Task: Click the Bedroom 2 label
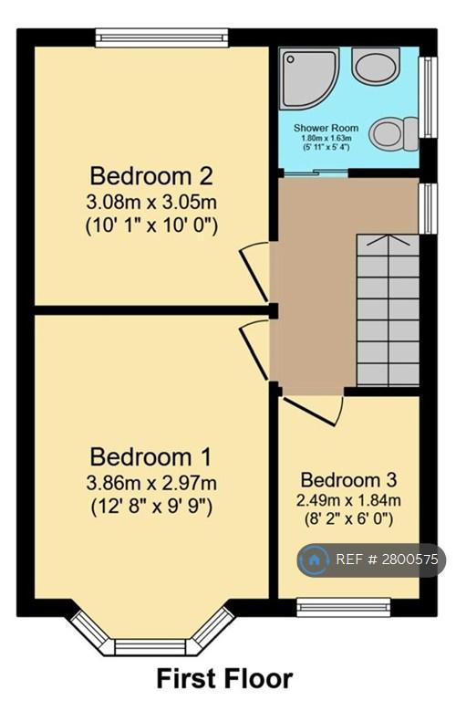(151, 175)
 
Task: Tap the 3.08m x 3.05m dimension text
(151, 202)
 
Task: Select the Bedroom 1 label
(150, 457)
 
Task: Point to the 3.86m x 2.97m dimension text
(151, 483)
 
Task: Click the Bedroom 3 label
(348, 480)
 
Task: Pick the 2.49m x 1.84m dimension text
(348, 500)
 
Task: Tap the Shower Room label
(326, 128)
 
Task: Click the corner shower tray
(309, 78)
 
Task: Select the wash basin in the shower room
(376, 66)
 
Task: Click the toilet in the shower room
(394, 133)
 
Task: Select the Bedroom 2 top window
(161, 38)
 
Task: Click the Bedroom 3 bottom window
(344, 608)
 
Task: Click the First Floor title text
(224, 678)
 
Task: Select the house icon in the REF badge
(314, 560)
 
